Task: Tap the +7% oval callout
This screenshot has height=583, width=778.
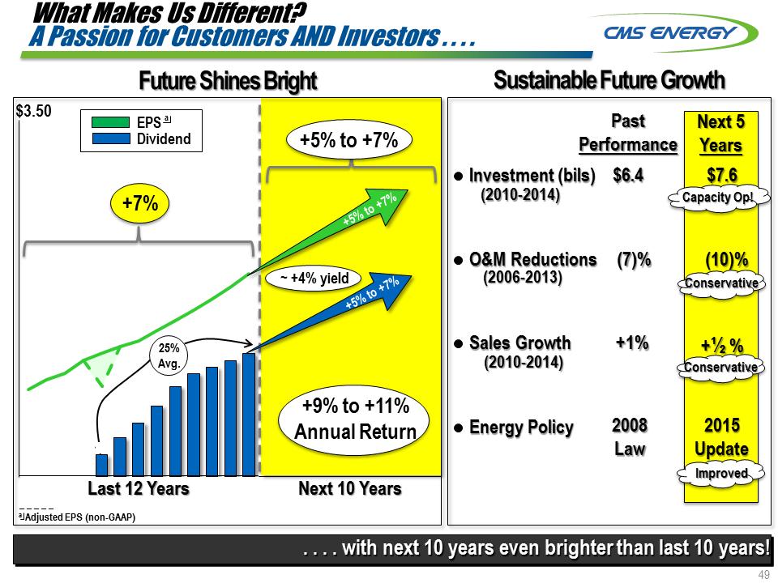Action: [139, 204]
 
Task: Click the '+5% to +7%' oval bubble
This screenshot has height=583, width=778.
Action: [348, 140]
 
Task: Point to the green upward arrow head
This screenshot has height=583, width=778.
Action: [398, 198]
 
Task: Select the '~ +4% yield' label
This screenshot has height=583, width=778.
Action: [314, 279]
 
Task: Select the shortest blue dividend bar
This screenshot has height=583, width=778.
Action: [101, 465]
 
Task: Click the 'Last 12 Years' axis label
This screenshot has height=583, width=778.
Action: [138, 488]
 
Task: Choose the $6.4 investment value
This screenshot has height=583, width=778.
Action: [628, 175]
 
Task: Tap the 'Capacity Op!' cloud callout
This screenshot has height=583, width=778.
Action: [717, 197]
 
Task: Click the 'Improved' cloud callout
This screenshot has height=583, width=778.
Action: [721, 473]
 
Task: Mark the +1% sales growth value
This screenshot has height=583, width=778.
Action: [632, 343]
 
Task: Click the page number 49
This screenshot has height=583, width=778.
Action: [763, 575]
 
